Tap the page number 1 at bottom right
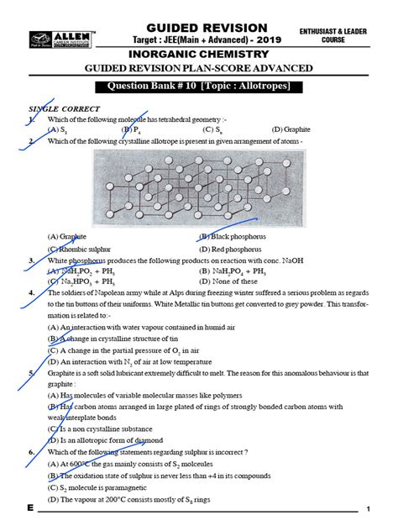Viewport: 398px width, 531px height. pyautogui.click(x=368, y=510)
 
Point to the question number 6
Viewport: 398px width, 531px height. pyautogui.click(x=30, y=452)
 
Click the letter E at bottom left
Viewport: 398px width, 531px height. pyautogui.click(x=30, y=509)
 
